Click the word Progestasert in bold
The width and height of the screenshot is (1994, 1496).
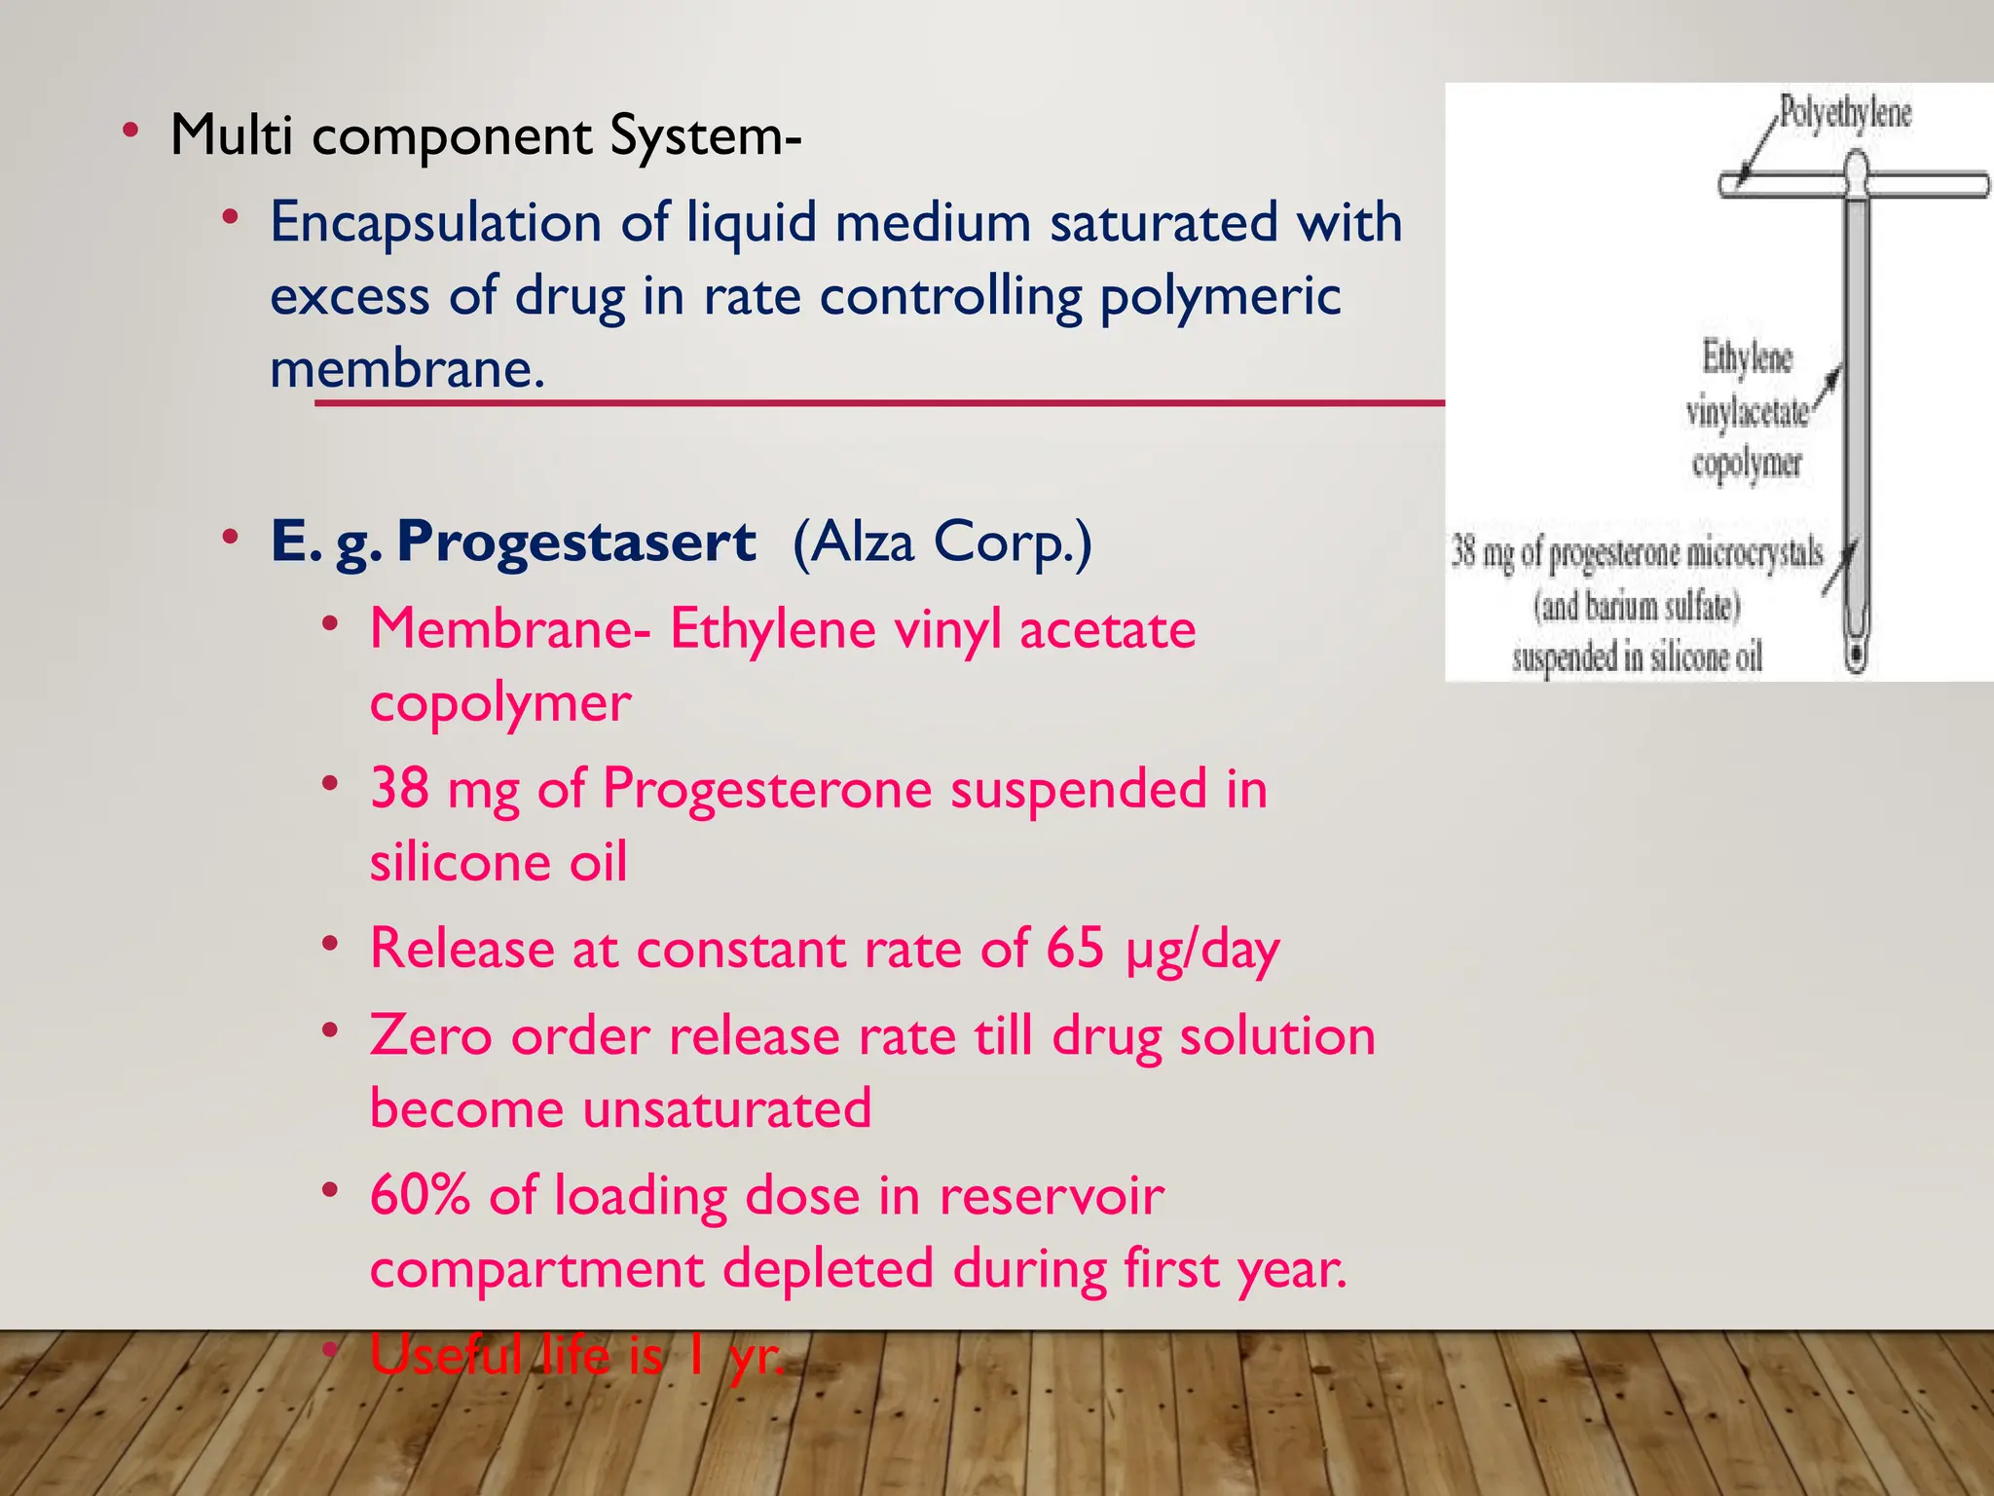[575, 542]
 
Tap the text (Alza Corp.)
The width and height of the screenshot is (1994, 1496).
[942, 542]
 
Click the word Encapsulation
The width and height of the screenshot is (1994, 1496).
[435, 222]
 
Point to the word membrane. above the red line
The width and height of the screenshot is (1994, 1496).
[407, 369]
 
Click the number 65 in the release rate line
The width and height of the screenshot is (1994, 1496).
[1075, 948]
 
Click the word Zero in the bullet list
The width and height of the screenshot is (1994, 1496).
[430, 1035]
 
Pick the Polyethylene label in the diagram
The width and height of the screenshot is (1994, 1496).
[1845, 113]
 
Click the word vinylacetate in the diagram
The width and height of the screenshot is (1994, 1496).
[1747, 412]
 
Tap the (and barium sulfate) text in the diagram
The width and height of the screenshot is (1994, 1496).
[1637, 607]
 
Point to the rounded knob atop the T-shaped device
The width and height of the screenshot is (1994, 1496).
[1857, 168]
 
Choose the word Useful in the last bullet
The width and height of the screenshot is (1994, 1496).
[446, 1355]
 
